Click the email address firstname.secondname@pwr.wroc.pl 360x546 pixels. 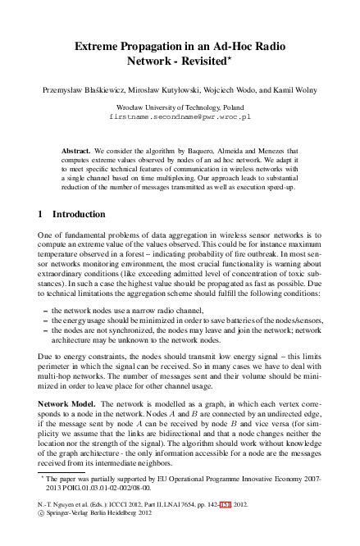click(180, 117)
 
